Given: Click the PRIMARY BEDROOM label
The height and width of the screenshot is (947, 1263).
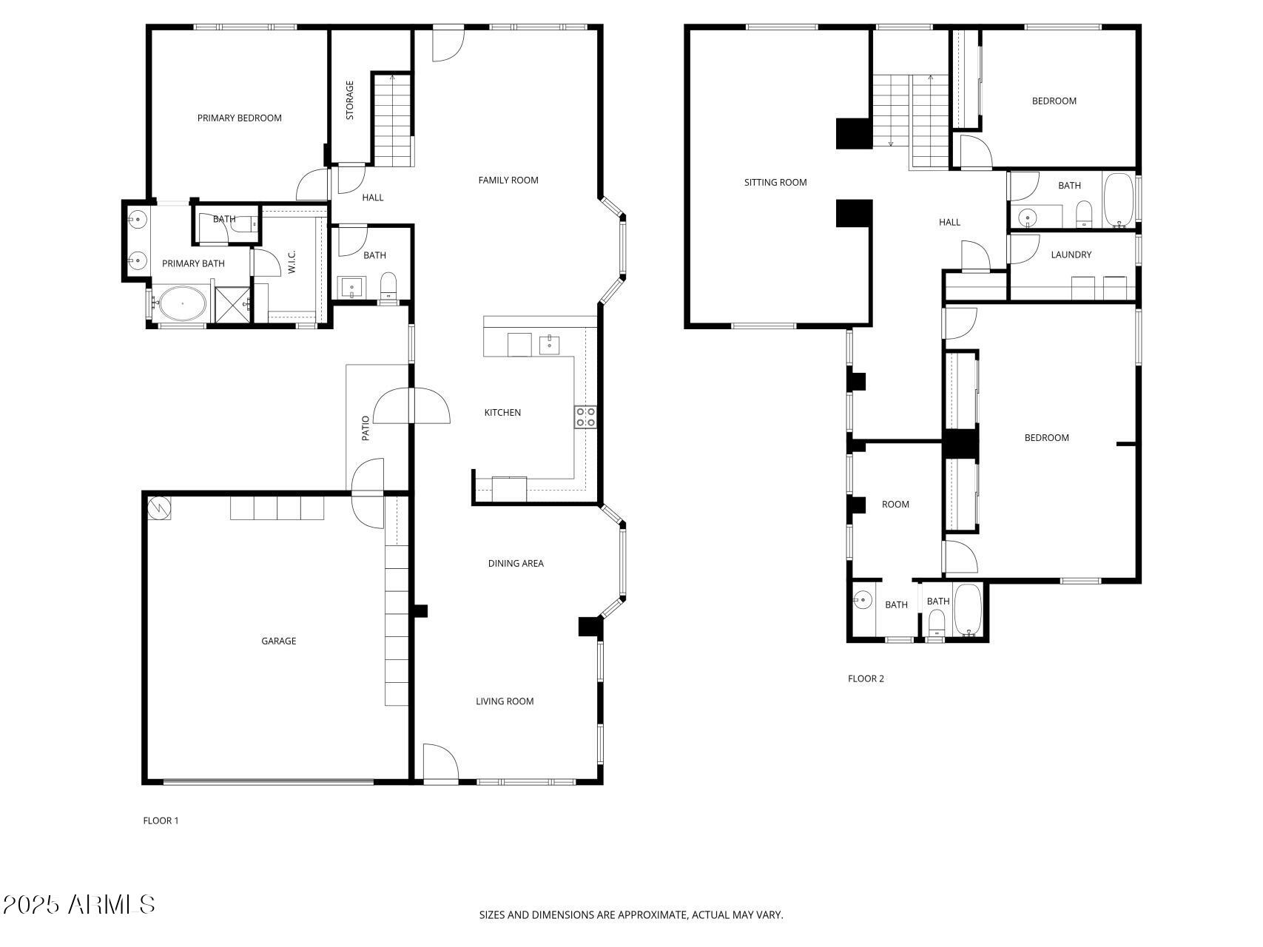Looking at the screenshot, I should (x=239, y=118).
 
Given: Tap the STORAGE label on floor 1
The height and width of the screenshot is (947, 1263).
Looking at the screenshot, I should (x=350, y=100).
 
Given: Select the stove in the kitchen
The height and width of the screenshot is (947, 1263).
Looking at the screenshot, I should (x=585, y=417).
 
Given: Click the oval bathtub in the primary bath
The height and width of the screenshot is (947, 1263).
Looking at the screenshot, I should (x=183, y=304).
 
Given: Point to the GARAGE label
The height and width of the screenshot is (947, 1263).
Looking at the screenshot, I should (x=278, y=641).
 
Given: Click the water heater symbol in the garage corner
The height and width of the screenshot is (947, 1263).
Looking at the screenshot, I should (x=158, y=508).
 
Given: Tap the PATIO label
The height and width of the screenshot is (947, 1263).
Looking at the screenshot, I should (x=366, y=428).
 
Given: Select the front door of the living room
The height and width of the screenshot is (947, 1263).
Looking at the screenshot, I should (x=439, y=763).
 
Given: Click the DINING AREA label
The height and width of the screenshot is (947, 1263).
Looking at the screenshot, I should (x=516, y=563).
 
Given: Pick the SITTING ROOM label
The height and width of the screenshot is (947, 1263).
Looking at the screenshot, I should (x=775, y=182).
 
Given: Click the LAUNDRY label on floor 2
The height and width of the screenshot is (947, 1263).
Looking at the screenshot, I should (x=1071, y=255).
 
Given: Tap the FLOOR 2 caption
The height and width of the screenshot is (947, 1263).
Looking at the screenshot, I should (x=866, y=678).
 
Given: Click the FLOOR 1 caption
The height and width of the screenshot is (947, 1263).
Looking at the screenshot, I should (x=161, y=820).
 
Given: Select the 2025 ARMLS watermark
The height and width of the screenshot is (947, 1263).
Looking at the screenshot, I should (x=78, y=904).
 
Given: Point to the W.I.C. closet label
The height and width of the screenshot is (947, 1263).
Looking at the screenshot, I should (x=292, y=262).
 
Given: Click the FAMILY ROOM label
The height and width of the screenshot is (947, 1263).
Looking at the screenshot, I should (x=508, y=180).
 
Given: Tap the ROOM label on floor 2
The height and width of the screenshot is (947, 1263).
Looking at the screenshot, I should (x=895, y=505).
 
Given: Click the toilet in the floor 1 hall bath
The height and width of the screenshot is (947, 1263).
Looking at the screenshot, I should (x=388, y=285).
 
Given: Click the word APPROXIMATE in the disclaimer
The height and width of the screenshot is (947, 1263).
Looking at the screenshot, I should (x=652, y=914).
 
